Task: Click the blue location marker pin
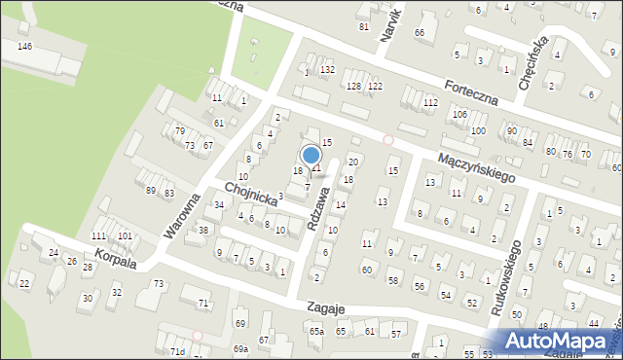pyautogui.click(x=311, y=156)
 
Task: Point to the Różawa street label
pyautogui.click(x=318, y=208)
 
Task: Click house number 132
pyautogui.click(x=328, y=70)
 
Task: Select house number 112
pyautogui.click(x=429, y=102)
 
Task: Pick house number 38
pyautogui.click(x=202, y=231)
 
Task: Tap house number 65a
pyautogui.click(x=316, y=332)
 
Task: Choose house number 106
pyautogui.click(x=459, y=115)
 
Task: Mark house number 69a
pyautogui.click(x=240, y=348)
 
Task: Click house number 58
pyautogui.click(x=392, y=281)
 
